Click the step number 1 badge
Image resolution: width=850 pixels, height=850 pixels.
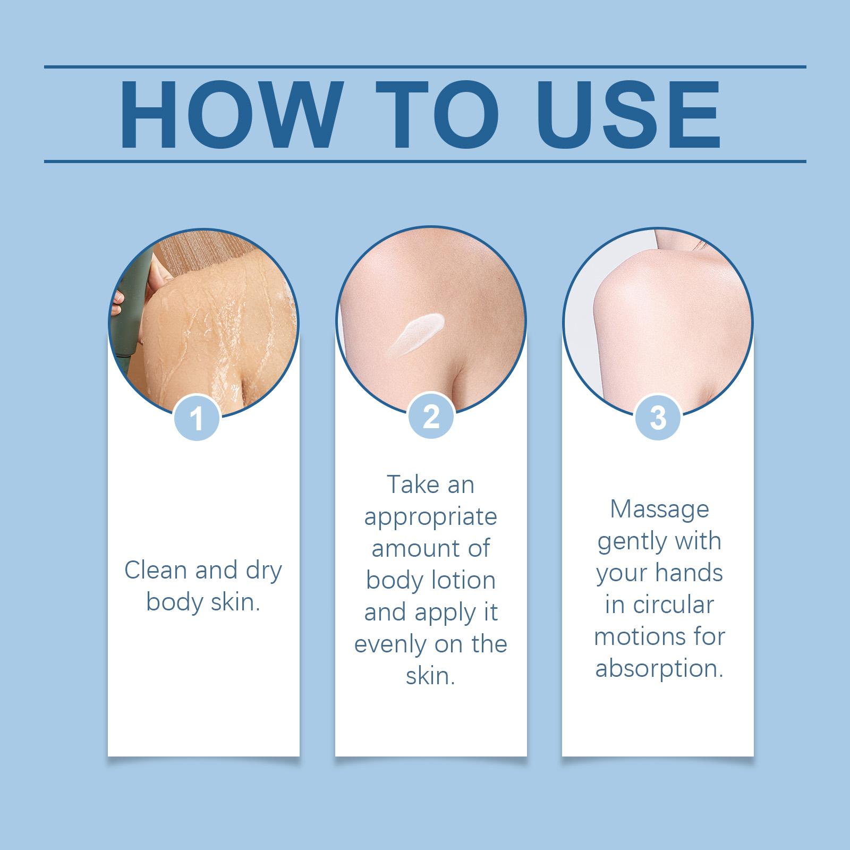(197, 418)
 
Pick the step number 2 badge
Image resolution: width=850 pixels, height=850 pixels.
(431, 418)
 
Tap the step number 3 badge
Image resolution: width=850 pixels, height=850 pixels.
(658, 418)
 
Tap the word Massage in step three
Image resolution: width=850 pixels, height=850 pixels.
(659, 509)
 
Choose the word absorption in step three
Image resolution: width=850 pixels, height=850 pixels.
(659, 668)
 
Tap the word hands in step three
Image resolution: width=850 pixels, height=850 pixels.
(689, 573)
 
